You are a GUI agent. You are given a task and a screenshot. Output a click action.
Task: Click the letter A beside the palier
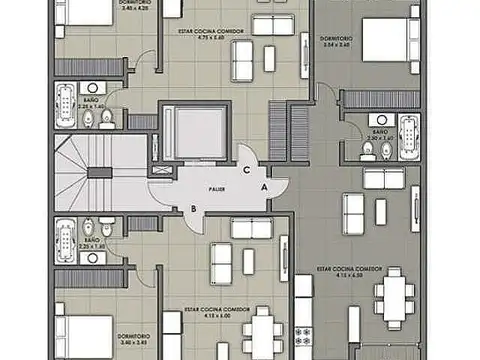click(x=263, y=187)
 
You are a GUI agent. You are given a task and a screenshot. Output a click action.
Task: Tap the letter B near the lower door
click(x=193, y=208)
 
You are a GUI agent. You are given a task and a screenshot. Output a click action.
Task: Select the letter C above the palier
click(x=246, y=169)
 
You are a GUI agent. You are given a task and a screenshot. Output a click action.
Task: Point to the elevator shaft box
click(x=181, y=131)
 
